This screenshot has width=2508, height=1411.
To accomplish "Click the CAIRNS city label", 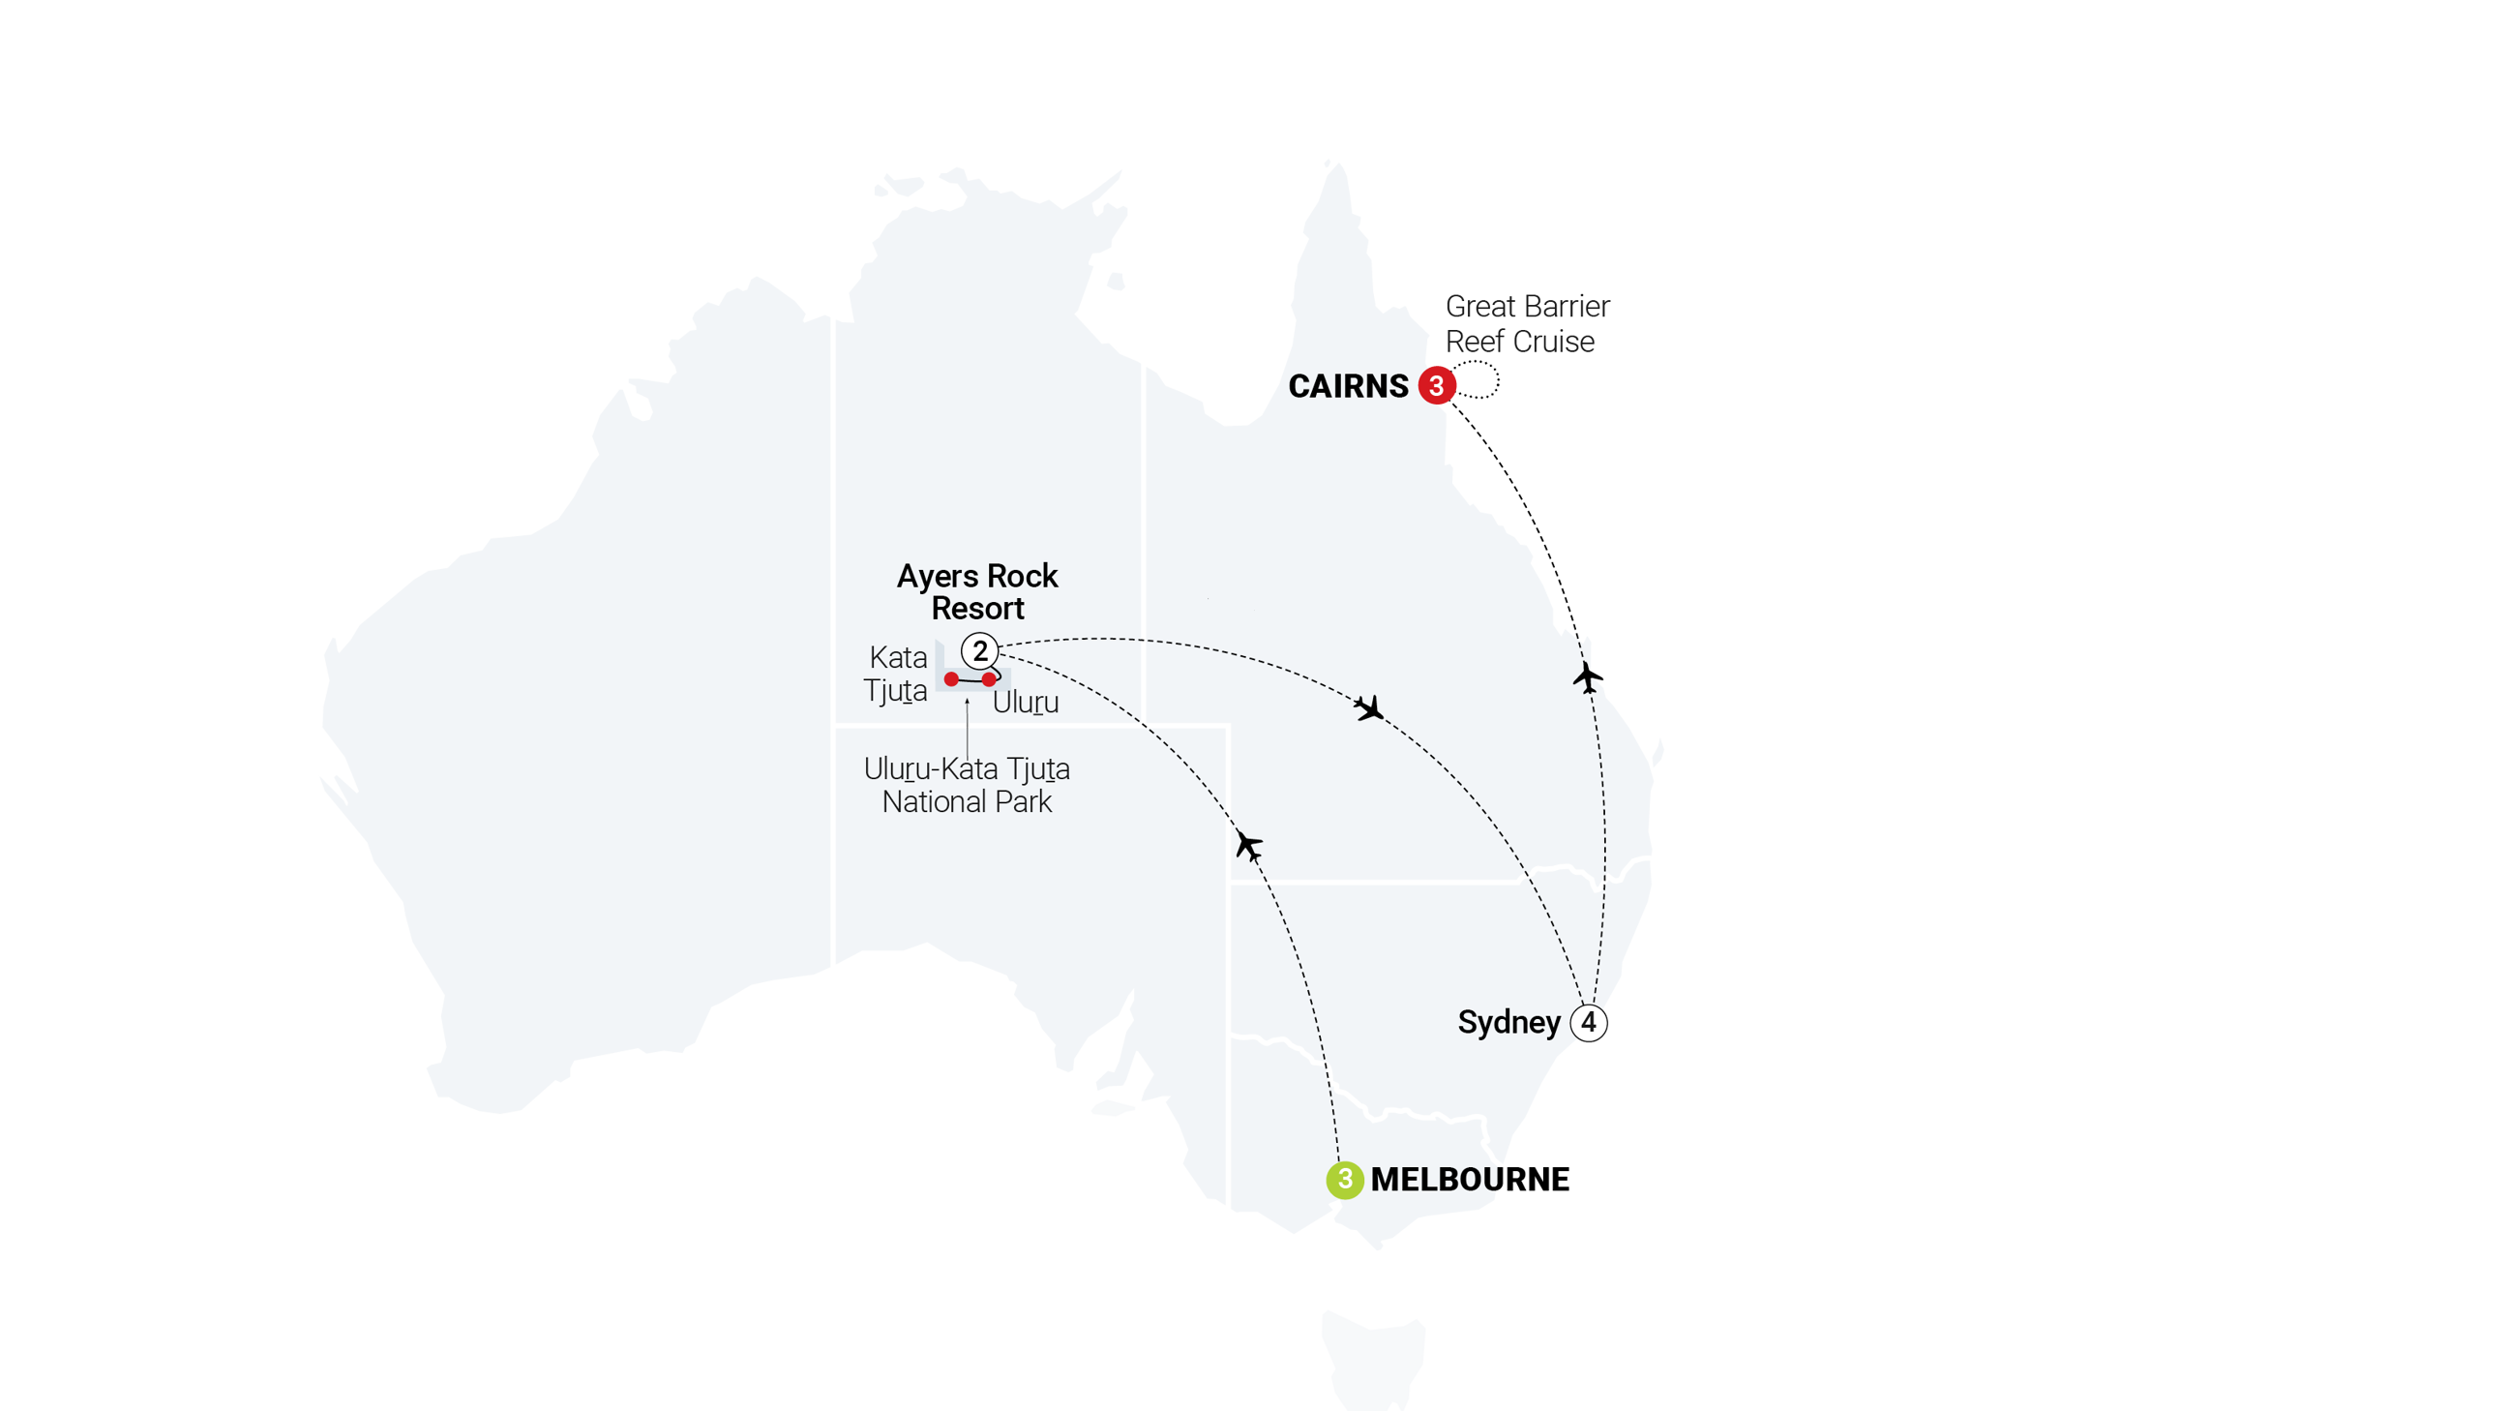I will [x=1348, y=386].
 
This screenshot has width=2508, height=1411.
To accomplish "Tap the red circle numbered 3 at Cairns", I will [x=1436, y=385].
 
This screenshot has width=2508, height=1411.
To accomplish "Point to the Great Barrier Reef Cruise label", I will [x=1526, y=323].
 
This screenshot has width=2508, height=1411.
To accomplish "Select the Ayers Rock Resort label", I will [x=976, y=591].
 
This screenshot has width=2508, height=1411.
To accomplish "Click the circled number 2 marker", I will [x=979, y=650].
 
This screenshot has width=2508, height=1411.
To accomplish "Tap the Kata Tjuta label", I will [x=896, y=674].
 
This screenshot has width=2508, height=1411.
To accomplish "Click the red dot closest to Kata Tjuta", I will [x=951, y=678].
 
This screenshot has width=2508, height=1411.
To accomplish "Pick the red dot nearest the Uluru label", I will [x=989, y=678].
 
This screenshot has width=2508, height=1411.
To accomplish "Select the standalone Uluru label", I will [x=1026, y=702].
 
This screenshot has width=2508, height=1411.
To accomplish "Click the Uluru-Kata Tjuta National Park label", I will [x=966, y=785].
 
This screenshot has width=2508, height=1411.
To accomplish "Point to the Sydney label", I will [x=1508, y=1023].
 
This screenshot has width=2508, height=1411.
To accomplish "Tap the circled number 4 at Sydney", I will [x=1588, y=1023].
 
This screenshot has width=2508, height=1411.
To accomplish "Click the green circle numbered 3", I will [x=1345, y=1180].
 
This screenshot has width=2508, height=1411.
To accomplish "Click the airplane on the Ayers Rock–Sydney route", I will [x=1370, y=708].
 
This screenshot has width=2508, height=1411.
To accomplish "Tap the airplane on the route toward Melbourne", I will [x=1248, y=844].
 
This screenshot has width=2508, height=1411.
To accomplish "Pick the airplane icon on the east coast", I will [x=1586, y=675].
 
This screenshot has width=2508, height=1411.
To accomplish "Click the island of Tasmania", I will [x=1373, y=1359].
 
